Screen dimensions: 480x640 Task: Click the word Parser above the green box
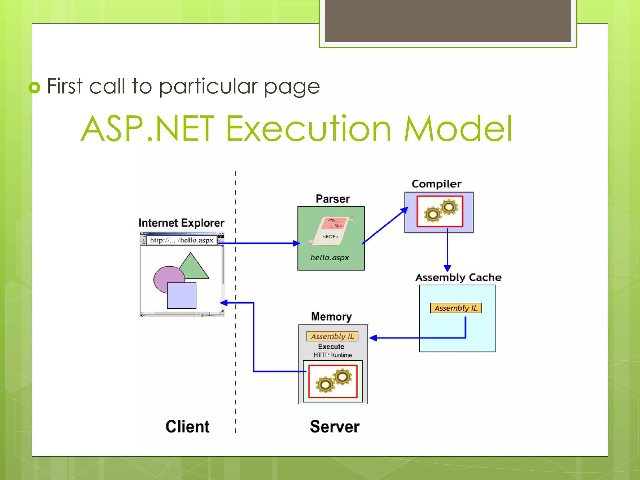(x=332, y=199)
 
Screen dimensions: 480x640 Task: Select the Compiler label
(x=436, y=184)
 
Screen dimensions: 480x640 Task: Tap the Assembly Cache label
(x=458, y=277)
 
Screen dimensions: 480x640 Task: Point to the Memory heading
(x=331, y=317)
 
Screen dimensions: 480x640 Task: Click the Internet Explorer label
(x=181, y=223)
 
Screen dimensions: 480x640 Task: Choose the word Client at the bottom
(x=187, y=427)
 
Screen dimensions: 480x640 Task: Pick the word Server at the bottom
(x=335, y=427)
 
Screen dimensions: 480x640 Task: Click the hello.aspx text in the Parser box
(x=329, y=257)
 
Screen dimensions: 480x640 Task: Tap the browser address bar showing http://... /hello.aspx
(x=182, y=240)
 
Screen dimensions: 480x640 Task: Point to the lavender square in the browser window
(x=182, y=296)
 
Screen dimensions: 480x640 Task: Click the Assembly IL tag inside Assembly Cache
(x=456, y=308)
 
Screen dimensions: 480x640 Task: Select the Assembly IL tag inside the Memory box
(x=332, y=336)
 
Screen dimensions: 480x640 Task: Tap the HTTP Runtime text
(x=332, y=355)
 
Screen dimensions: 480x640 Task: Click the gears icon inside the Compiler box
(x=440, y=211)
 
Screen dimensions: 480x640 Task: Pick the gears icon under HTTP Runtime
(x=333, y=381)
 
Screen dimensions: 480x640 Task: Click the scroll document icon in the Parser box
(x=331, y=231)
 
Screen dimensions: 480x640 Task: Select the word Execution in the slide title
(x=308, y=128)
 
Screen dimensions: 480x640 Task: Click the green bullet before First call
(x=35, y=87)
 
